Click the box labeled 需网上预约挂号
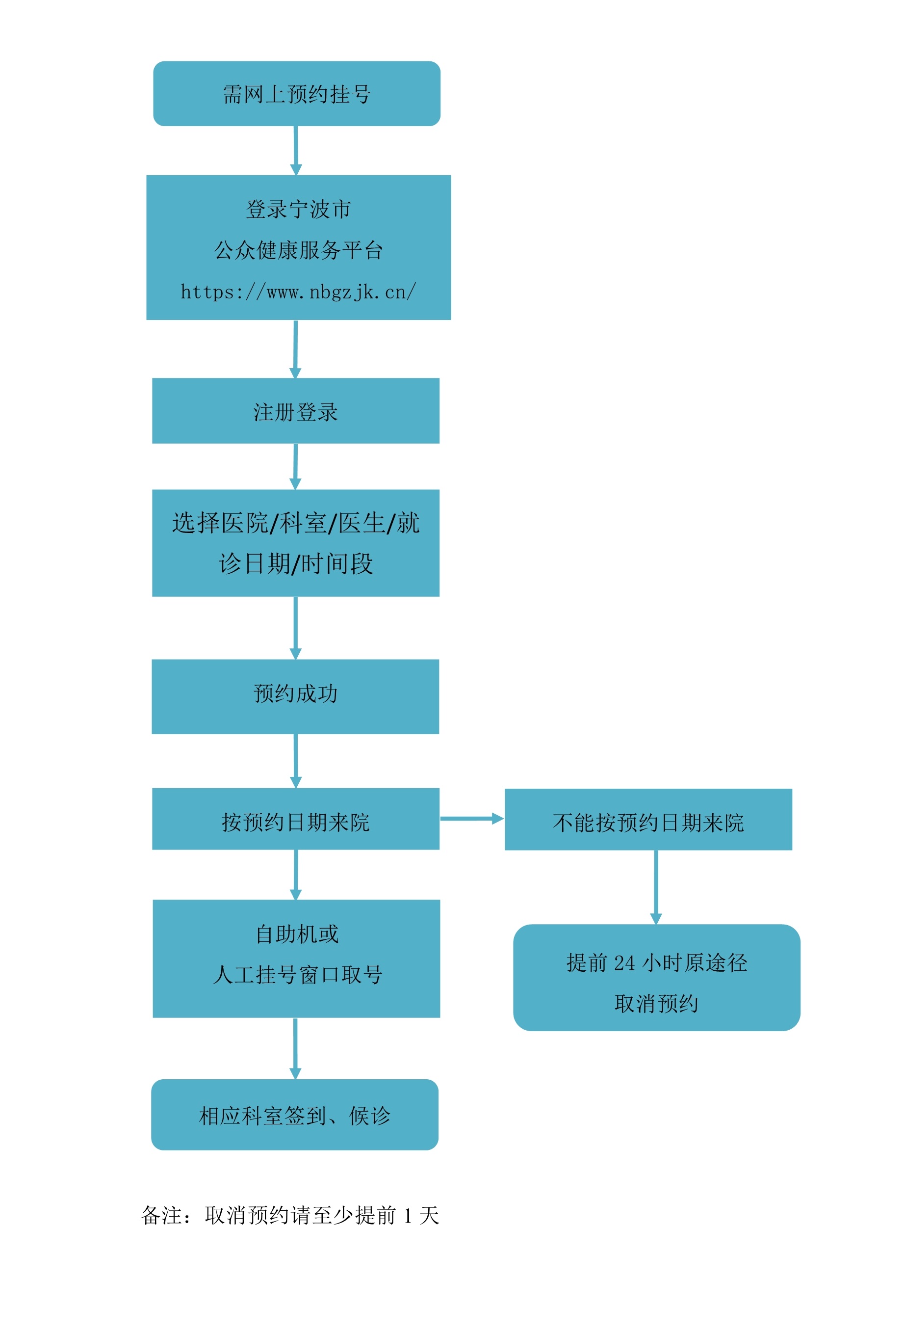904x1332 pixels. [x=297, y=93]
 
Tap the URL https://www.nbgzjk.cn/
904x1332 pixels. [x=298, y=292]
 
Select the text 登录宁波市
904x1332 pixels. [x=298, y=209]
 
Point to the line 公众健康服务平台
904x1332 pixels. [x=298, y=250]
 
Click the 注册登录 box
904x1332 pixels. [x=296, y=411]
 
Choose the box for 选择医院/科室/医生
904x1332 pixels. [x=296, y=543]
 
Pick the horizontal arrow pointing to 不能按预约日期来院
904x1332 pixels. [x=471, y=819]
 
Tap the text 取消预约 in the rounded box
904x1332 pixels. [x=656, y=1004]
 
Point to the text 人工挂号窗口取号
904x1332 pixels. [x=297, y=975]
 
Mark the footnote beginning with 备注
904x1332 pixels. [x=290, y=1215]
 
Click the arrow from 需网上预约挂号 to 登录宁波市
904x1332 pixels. [x=296, y=150]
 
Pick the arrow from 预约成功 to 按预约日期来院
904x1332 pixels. [x=296, y=761]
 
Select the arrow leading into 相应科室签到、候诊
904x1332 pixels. [x=296, y=1048]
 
